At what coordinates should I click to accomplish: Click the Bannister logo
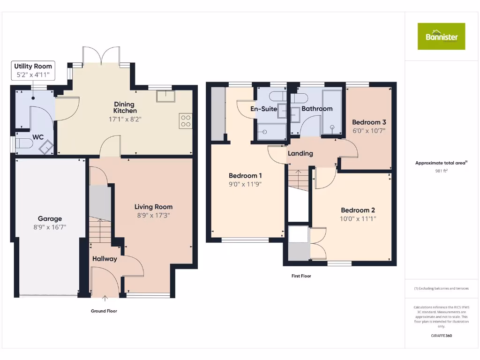tap(441, 36)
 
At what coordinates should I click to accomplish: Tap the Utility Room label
tap(33, 66)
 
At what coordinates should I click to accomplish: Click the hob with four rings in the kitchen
tap(185, 121)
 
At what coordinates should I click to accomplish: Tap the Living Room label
tap(153, 207)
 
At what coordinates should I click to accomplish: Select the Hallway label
tap(105, 259)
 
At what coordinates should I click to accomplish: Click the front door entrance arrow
tap(105, 298)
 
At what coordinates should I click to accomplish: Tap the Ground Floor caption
tap(104, 311)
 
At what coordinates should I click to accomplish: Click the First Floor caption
tap(301, 276)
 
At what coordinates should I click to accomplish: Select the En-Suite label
tap(264, 109)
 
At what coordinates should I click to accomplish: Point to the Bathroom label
tap(317, 109)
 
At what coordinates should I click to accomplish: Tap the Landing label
tap(300, 153)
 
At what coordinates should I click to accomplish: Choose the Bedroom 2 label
tap(358, 210)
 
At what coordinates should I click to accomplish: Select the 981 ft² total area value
tap(441, 171)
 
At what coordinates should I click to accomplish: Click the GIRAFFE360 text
tap(441, 336)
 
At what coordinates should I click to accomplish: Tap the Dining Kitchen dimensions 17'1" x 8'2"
tap(124, 120)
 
